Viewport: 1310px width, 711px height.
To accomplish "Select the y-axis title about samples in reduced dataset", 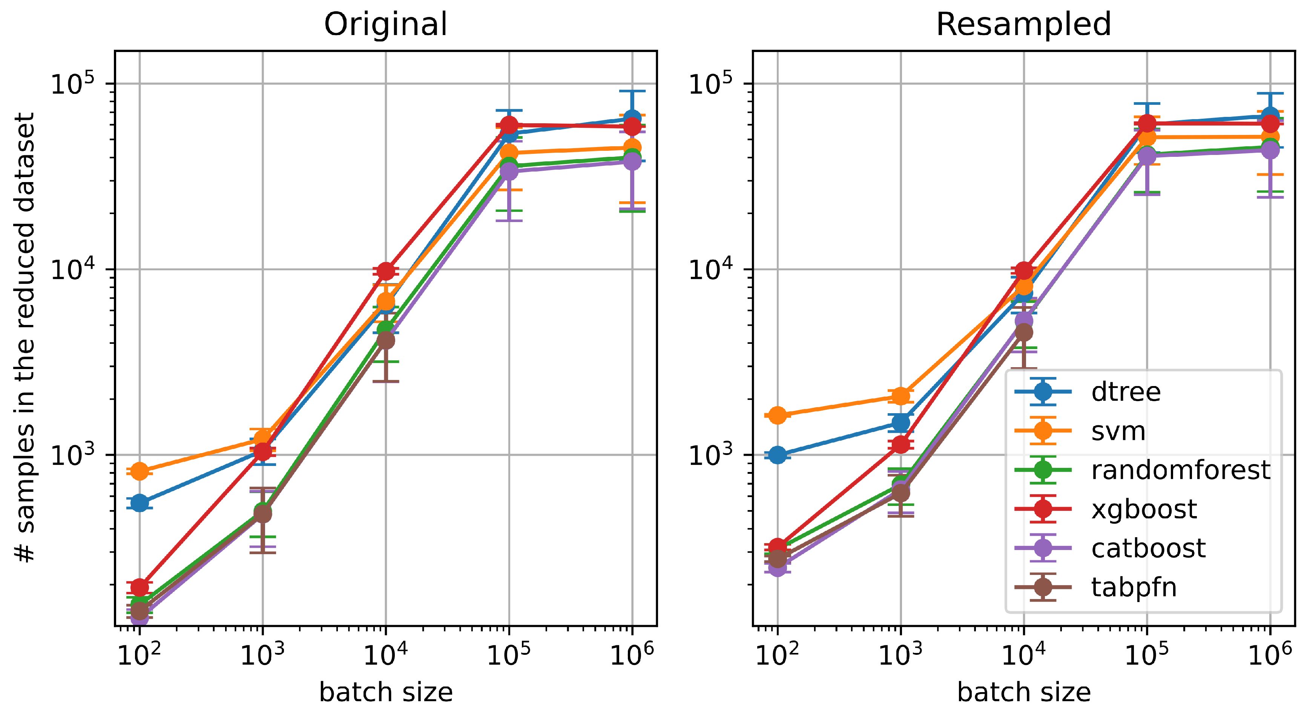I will (x=25, y=338).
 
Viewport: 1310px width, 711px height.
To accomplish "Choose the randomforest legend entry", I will (x=1180, y=470).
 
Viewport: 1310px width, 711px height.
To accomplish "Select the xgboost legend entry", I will (x=1144, y=509).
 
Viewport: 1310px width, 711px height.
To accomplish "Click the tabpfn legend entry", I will (x=1134, y=587).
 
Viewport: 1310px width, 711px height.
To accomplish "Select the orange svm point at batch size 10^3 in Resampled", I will (x=900, y=396).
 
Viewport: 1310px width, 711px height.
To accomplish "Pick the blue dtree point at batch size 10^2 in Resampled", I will (x=777, y=455).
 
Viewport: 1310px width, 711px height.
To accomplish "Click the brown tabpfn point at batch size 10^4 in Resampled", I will (x=1024, y=333).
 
